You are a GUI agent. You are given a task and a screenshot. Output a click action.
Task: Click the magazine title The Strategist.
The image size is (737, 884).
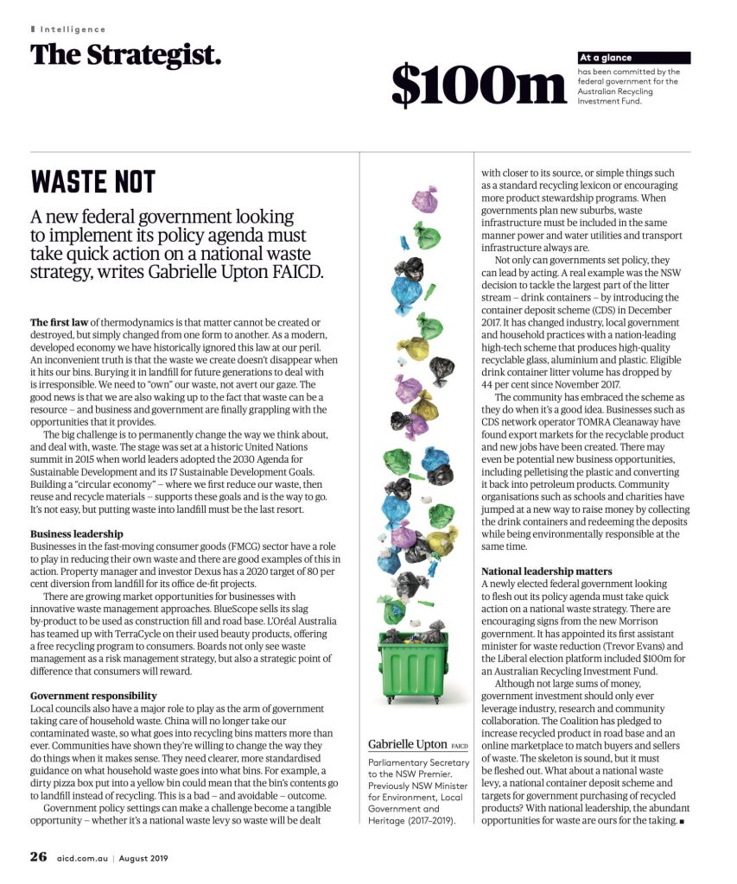(126, 54)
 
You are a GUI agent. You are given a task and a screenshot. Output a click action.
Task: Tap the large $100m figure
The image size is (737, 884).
(478, 85)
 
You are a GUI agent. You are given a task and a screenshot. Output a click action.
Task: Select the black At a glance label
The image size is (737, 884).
(633, 58)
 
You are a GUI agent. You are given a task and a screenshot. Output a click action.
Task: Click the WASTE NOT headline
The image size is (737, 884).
(93, 182)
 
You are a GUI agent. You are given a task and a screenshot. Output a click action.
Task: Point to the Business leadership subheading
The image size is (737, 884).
(76, 534)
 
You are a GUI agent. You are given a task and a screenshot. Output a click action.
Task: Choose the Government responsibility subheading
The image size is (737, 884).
(93, 695)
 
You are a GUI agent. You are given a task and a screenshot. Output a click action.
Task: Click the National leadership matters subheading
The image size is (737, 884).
(546, 571)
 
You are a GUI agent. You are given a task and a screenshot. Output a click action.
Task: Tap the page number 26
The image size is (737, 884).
(38, 857)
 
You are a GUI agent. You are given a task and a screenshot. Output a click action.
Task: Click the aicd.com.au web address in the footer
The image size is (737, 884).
(83, 858)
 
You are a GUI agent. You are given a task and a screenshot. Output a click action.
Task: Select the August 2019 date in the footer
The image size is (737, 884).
(143, 858)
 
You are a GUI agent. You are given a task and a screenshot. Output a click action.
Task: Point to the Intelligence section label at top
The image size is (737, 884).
(73, 29)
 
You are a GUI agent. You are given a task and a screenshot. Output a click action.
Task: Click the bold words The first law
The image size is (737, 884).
(56, 323)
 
